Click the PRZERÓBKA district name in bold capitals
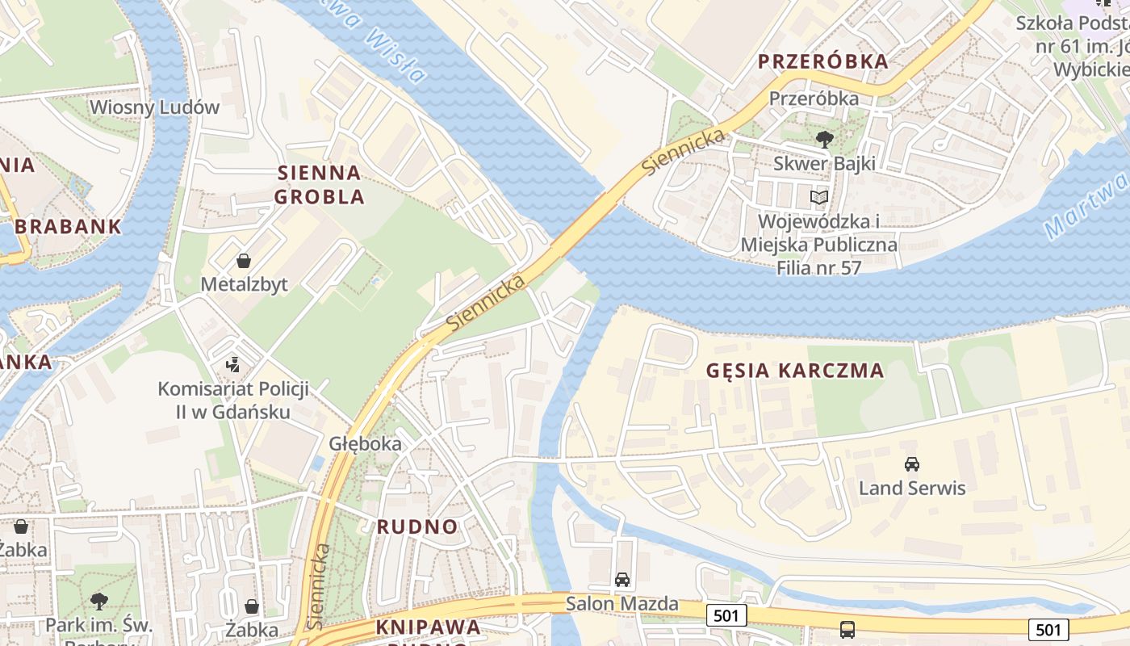coord(822,61)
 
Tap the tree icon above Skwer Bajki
coord(824,140)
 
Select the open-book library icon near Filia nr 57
coord(819,197)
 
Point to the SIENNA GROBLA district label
coord(320,184)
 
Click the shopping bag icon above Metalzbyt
coord(244,261)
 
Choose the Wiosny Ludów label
coord(154,107)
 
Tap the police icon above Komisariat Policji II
coord(233,364)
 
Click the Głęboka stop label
coord(365,443)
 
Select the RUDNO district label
coord(417,526)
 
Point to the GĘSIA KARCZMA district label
coord(795,371)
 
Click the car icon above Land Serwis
coord(912,464)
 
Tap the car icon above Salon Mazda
coord(622,579)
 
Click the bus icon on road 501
coord(847,630)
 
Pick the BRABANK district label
coord(68,226)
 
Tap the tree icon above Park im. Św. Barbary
coord(99,600)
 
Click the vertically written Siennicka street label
coord(319,585)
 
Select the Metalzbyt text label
coord(244,284)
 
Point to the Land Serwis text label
coord(912,488)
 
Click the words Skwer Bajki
coord(824,163)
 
